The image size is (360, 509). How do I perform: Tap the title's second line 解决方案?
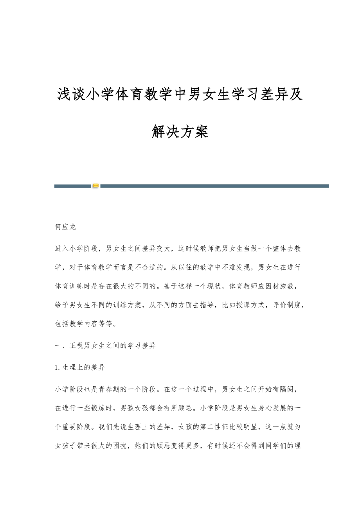pyautogui.click(x=180, y=132)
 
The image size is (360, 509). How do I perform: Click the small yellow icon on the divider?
pyautogui.click(x=95, y=186)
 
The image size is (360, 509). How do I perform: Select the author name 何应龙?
pyautogui.click(x=65, y=227)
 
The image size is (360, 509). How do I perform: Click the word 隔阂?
pyautogui.click(x=292, y=389)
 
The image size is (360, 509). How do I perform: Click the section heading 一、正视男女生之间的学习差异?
pyautogui.click(x=105, y=346)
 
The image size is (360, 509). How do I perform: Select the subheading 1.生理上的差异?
pyautogui.click(x=80, y=367)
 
